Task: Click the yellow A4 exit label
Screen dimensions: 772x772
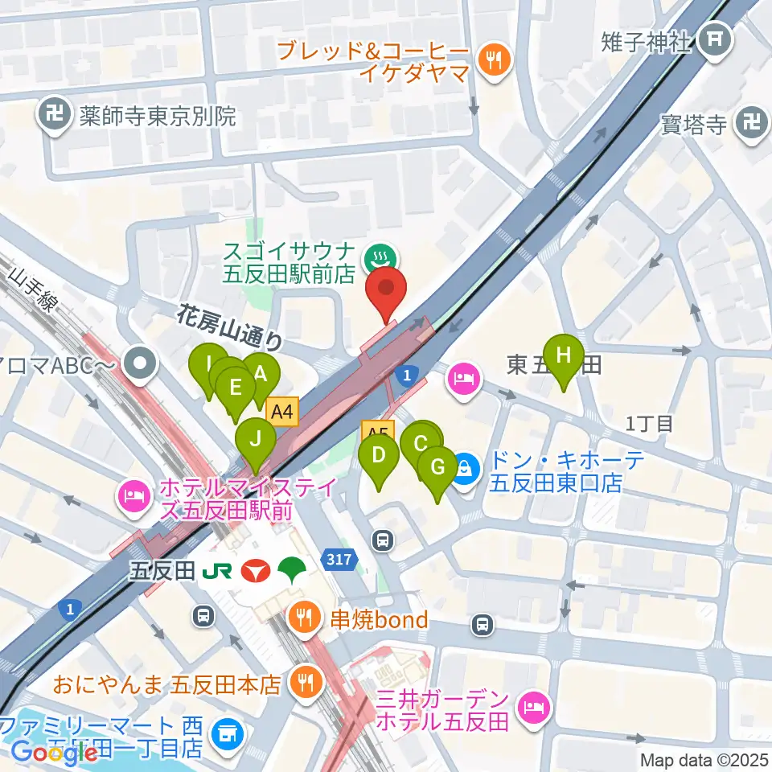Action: [x=282, y=413]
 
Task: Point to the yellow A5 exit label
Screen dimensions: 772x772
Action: [x=377, y=432]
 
